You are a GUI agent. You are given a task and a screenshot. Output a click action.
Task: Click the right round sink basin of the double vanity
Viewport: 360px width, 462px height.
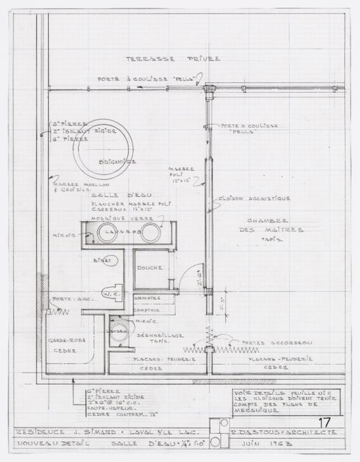tap(150, 232)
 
